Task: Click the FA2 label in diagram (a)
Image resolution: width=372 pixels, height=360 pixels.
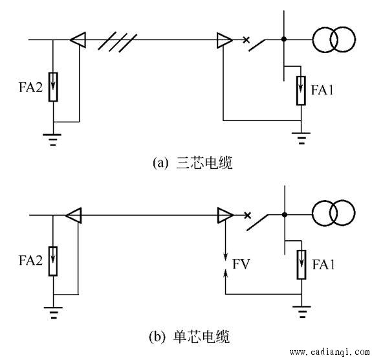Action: [30, 87]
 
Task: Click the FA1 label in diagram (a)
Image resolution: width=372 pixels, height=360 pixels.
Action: [322, 90]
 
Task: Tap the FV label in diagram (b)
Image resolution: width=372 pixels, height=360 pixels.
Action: [241, 264]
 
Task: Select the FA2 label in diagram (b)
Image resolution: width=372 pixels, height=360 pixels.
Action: [30, 260]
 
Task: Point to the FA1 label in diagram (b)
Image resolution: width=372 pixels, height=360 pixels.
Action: [323, 264]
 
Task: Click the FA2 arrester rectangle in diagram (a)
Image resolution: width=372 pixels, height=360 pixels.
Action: [53, 87]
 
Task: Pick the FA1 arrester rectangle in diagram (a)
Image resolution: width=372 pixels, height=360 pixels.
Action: [301, 91]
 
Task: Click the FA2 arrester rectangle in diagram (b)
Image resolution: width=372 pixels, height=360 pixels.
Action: [53, 261]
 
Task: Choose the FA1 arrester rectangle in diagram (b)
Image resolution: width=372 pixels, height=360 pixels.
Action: [301, 265]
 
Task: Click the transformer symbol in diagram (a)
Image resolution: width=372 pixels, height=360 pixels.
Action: [334, 39]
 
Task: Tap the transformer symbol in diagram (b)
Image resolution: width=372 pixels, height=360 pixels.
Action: [333, 213]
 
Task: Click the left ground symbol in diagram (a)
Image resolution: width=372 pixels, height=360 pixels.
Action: [52, 140]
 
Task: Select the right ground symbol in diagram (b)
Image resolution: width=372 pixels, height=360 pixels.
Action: [301, 312]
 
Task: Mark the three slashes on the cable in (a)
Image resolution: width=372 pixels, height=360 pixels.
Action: [118, 42]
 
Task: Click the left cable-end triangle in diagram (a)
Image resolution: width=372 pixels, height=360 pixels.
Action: [78, 39]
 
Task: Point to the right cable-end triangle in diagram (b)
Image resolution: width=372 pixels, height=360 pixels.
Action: [226, 216]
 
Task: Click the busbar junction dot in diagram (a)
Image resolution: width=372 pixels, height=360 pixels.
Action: [284, 39]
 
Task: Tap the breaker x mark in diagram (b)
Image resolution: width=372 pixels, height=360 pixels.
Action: [247, 216]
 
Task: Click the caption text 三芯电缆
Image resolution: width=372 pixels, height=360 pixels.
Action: [204, 163]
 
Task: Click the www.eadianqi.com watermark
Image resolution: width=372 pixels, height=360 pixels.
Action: [330, 352]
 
